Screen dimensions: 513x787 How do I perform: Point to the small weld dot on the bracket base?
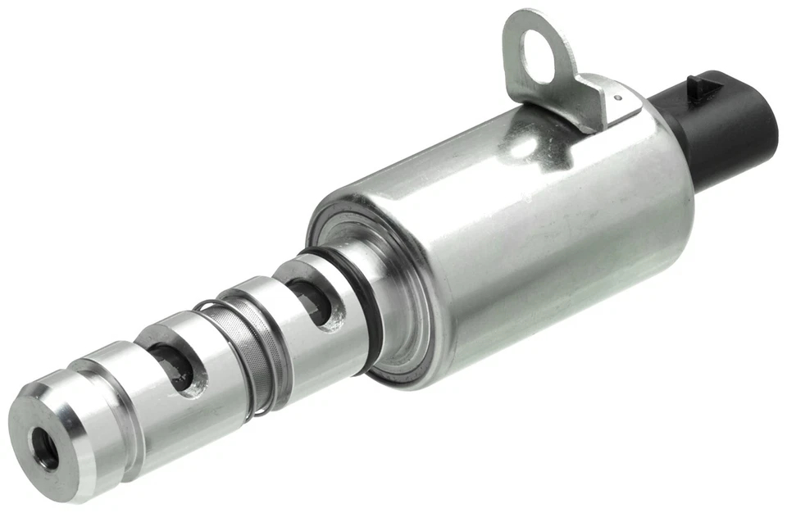coord(616,97)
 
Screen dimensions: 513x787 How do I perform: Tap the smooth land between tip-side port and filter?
coord(205,369)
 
